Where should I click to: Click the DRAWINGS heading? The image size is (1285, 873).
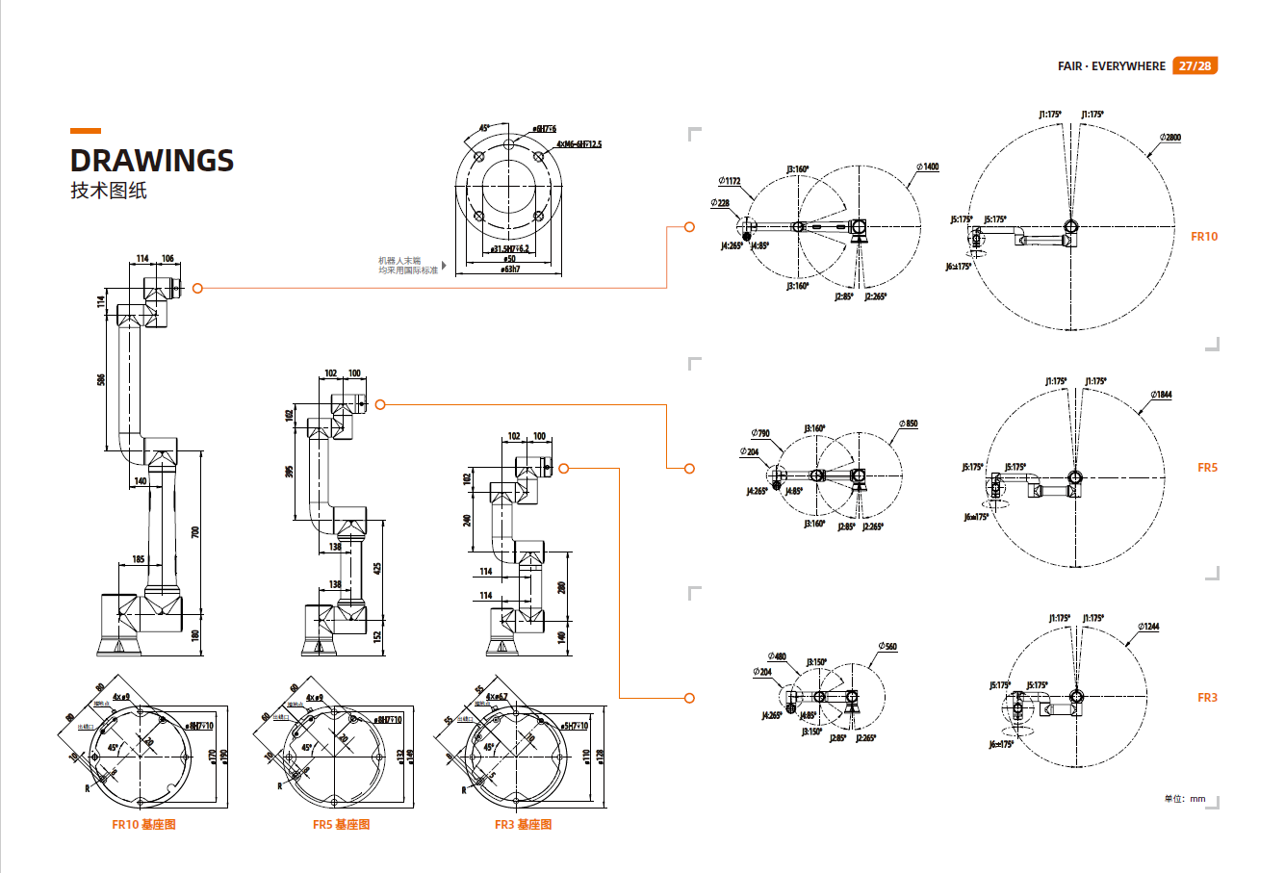pyautogui.click(x=152, y=161)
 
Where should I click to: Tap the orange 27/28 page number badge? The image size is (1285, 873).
pyautogui.click(x=1195, y=65)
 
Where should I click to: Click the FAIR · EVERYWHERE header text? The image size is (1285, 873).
pyautogui.click(x=1111, y=66)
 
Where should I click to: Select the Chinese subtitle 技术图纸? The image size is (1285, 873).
pyautogui.click(x=109, y=191)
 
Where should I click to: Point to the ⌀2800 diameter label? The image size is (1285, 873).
pyautogui.click(x=1169, y=138)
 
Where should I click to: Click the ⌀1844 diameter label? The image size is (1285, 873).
pyautogui.click(x=1161, y=395)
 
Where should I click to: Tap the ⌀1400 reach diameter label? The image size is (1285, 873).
pyautogui.click(x=928, y=167)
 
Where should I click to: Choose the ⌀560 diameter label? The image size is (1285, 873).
pyautogui.click(x=887, y=647)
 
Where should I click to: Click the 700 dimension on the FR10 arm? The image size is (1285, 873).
pyautogui.click(x=195, y=531)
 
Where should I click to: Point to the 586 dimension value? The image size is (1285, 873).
pyautogui.click(x=101, y=379)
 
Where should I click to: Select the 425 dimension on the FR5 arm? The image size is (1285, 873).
pyautogui.click(x=377, y=569)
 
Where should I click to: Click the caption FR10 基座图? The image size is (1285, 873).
pyautogui.click(x=143, y=825)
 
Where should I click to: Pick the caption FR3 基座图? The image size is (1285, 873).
pyautogui.click(x=523, y=825)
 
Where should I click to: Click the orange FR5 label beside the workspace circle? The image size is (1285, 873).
pyautogui.click(x=1207, y=468)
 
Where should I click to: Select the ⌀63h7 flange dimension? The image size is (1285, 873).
pyautogui.click(x=511, y=270)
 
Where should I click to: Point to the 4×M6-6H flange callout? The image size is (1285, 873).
pyautogui.click(x=578, y=144)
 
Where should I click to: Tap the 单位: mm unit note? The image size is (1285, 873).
pyautogui.click(x=1184, y=799)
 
